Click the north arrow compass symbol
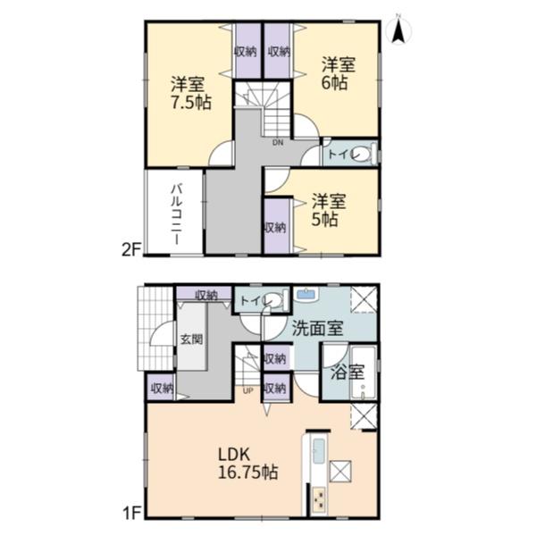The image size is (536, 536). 398,31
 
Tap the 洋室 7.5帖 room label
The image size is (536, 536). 191,93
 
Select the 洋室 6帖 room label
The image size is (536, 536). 338,74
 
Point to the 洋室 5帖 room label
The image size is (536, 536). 328,210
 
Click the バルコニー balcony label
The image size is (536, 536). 176,214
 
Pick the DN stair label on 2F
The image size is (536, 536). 278,143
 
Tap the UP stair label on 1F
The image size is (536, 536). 247,390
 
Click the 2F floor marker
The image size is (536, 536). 131,250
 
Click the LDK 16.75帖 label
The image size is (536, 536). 247,464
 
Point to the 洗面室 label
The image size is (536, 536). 317,328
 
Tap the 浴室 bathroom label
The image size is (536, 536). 347,372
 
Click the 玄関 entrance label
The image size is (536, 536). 191,339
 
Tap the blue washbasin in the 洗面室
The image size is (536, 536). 306,294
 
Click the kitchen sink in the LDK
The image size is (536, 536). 319,451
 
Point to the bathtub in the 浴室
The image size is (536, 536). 364,373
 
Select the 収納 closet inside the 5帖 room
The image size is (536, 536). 276,227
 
